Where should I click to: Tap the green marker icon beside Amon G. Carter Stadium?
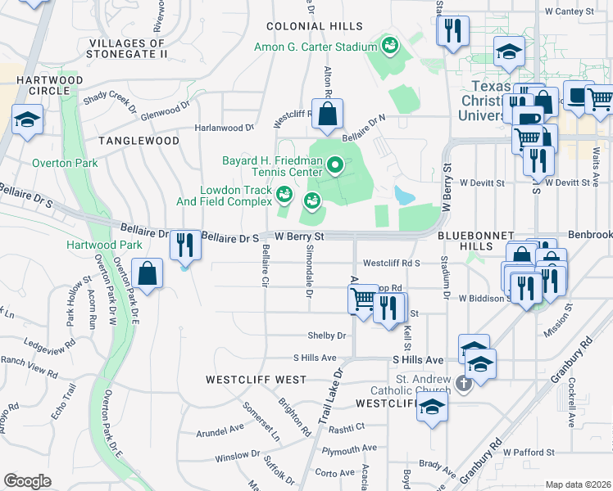389,45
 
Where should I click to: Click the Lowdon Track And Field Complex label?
224,194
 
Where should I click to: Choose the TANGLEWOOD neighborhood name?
138,141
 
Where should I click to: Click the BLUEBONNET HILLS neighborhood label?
475,235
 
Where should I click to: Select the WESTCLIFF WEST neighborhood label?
244,380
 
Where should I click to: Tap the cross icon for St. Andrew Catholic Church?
463,383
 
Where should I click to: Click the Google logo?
27,480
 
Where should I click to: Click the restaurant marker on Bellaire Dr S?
185,245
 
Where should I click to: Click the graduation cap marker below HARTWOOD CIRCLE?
27,121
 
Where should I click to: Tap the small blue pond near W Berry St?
403,195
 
